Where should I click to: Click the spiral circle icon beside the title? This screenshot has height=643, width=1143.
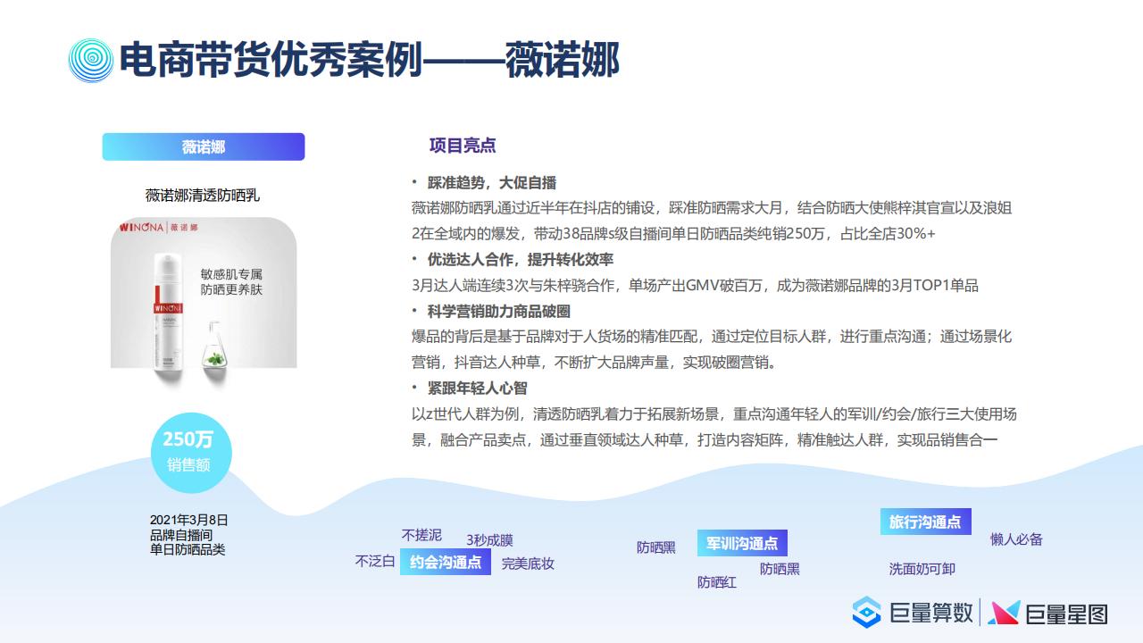[91, 60]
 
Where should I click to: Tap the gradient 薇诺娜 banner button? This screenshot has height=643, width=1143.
[204, 147]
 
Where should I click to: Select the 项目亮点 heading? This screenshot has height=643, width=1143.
[463, 146]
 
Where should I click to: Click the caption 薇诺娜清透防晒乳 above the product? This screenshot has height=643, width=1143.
[203, 195]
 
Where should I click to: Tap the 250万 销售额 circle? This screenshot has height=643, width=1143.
[191, 453]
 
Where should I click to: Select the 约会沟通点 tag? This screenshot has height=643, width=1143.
[446, 562]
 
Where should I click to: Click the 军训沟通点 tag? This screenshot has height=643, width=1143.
[742, 543]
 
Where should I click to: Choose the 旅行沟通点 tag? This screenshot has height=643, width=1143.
[926, 522]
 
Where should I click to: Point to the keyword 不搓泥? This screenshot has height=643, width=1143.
[421, 535]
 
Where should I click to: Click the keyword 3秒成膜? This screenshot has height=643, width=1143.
[490, 540]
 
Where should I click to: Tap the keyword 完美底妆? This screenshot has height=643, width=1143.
[528, 564]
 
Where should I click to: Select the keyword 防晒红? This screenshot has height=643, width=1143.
[717, 582]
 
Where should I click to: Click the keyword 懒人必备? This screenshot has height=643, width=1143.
[1016, 539]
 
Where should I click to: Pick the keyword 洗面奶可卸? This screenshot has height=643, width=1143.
[922, 569]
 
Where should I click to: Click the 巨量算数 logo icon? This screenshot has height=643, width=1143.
[866, 613]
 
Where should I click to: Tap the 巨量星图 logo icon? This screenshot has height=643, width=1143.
[1004, 613]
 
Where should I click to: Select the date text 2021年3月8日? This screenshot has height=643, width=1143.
[188, 520]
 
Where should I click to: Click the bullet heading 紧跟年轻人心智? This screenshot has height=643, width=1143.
[477, 388]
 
